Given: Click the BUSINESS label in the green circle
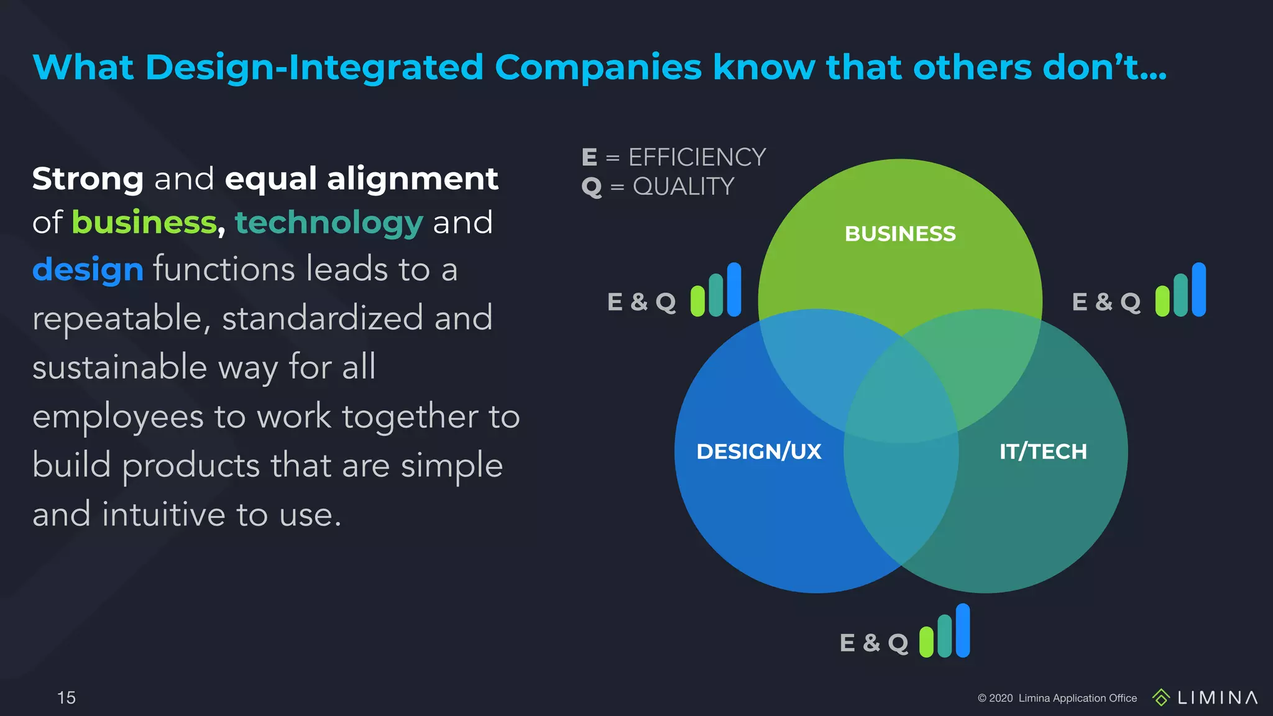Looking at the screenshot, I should click(x=900, y=234).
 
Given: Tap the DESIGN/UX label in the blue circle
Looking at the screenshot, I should click(x=759, y=451).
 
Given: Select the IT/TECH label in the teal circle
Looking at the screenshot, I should click(x=1043, y=451).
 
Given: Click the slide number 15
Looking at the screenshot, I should click(x=66, y=697).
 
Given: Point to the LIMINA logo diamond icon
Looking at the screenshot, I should click(x=1160, y=697).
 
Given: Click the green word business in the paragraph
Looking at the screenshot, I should click(x=144, y=223).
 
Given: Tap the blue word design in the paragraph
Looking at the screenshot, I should click(x=88, y=270).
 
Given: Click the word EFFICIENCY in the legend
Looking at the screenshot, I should click(x=697, y=157).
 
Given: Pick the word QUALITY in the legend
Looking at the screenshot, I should click(x=683, y=186).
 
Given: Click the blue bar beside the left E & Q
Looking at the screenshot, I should click(x=734, y=290).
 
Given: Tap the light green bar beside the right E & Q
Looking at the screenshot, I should click(x=1162, y=301).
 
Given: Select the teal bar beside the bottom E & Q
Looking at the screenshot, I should click(x=945, y=636).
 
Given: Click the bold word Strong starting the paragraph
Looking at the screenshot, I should click(x=88, y=179).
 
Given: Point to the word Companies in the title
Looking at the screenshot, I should click(x=598, y=67).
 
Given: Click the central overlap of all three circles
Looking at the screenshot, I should click(x=901, y=398).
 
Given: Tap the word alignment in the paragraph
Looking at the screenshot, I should click(x=412, y=179).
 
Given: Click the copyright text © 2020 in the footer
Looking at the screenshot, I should click(x=995, y=698).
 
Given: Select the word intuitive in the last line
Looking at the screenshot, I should click(x=163, y=515).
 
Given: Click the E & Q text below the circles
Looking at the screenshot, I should click(x=873, y=643).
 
